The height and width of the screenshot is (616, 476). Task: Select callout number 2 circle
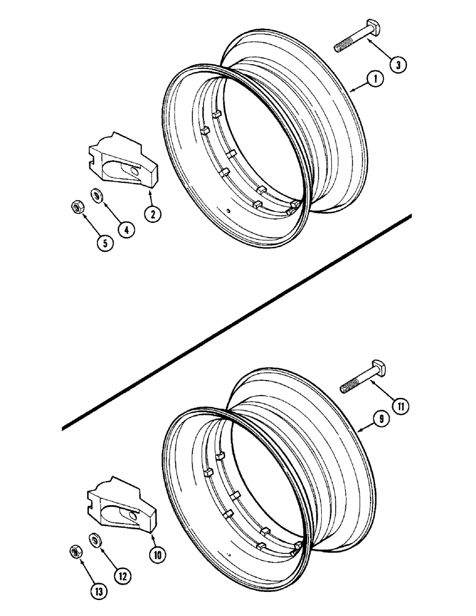[x=152, y=214]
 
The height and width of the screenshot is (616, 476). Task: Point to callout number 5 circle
[x=104, y=243]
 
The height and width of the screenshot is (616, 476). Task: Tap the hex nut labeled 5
[x=75, y=208]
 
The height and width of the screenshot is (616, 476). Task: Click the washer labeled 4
[x=97, y=196]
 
